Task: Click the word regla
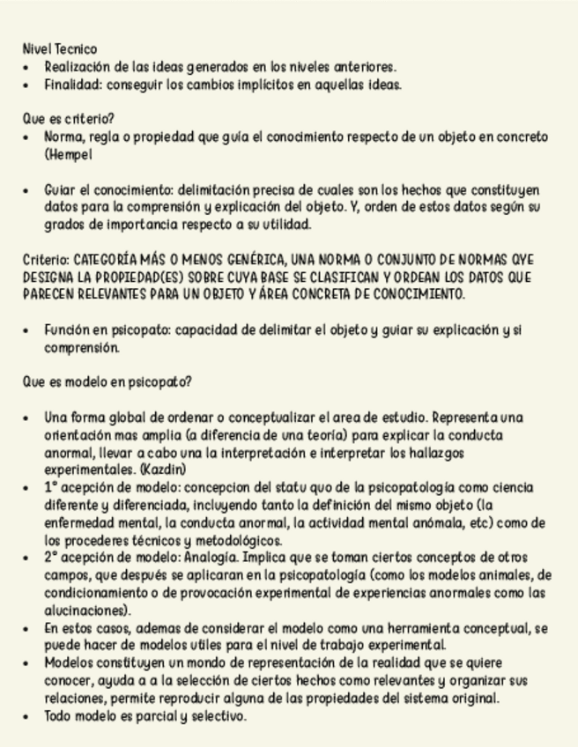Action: click(x=102, y=137)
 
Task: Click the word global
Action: click(x=120, y=418)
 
